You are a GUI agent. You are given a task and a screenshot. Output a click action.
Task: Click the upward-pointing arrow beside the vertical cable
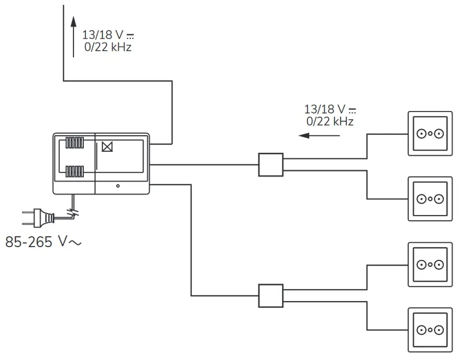click(74, 37)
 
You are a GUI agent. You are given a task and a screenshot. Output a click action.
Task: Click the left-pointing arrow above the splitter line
click(319, 135)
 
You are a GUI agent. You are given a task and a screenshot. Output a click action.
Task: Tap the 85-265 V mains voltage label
click(43, 242)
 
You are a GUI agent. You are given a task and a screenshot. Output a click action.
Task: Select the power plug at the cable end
click(38, 218)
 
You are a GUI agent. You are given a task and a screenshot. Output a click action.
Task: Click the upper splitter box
click(271, 165)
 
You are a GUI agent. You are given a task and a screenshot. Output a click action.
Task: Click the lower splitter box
click(271, 296)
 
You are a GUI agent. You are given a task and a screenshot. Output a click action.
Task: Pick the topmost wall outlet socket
click(430, 134)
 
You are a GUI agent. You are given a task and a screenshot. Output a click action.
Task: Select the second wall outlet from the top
click(430, 199)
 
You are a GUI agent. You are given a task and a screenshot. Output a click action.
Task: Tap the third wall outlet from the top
click(430, 264)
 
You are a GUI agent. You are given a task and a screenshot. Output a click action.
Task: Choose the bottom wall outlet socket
click(430, 330)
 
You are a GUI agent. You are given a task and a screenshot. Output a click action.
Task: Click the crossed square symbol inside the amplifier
click(107, 146)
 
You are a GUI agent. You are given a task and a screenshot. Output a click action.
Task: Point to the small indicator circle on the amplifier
click(118, 186)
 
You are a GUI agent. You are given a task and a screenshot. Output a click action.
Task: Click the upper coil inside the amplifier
click(75, 143)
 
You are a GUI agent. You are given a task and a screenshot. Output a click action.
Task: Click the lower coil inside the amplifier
click(75, 171)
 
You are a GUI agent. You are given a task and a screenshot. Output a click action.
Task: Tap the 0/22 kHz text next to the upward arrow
click(108, 47)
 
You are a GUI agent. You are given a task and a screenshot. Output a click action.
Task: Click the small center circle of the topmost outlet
click(430, 134)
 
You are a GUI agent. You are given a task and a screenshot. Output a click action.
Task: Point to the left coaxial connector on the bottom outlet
click(421, 330)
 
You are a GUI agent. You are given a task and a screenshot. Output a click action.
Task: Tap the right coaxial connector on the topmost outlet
click(439, 134)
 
